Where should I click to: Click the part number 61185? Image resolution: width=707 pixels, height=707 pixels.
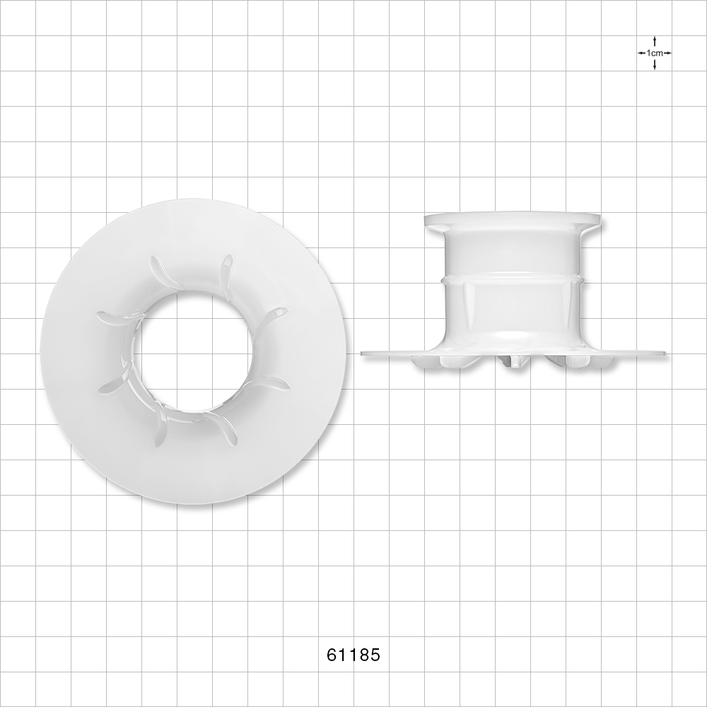point(353,655)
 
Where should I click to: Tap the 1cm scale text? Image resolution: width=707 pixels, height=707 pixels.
point(655,53)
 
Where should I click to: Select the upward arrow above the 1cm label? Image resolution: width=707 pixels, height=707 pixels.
point(655,41)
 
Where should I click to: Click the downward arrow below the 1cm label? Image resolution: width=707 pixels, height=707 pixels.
point(655,65)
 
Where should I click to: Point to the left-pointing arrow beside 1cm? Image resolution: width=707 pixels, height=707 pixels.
point(641,53)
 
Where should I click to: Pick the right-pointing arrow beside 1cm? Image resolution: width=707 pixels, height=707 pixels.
point(667,53)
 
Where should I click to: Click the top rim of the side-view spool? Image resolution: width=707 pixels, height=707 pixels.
point(513,219)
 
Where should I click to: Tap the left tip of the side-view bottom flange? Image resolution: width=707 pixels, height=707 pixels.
point(365,352)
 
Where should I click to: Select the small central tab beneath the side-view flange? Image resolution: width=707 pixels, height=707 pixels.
point(515,362)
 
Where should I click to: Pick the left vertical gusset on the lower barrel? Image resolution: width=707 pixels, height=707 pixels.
point(468,297)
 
